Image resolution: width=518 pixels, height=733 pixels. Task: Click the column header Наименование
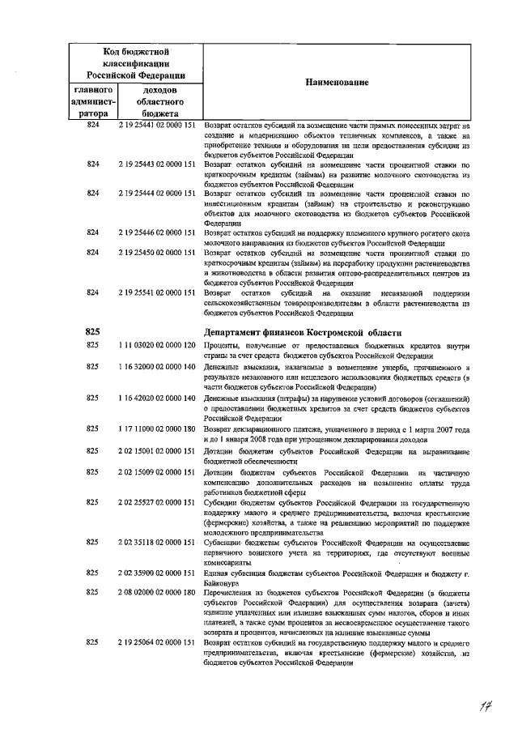(336, 83)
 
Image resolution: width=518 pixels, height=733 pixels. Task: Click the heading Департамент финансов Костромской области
(301, 332)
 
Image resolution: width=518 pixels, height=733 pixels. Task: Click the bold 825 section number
(92, 332)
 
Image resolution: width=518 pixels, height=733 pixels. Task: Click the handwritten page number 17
(485, 708)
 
